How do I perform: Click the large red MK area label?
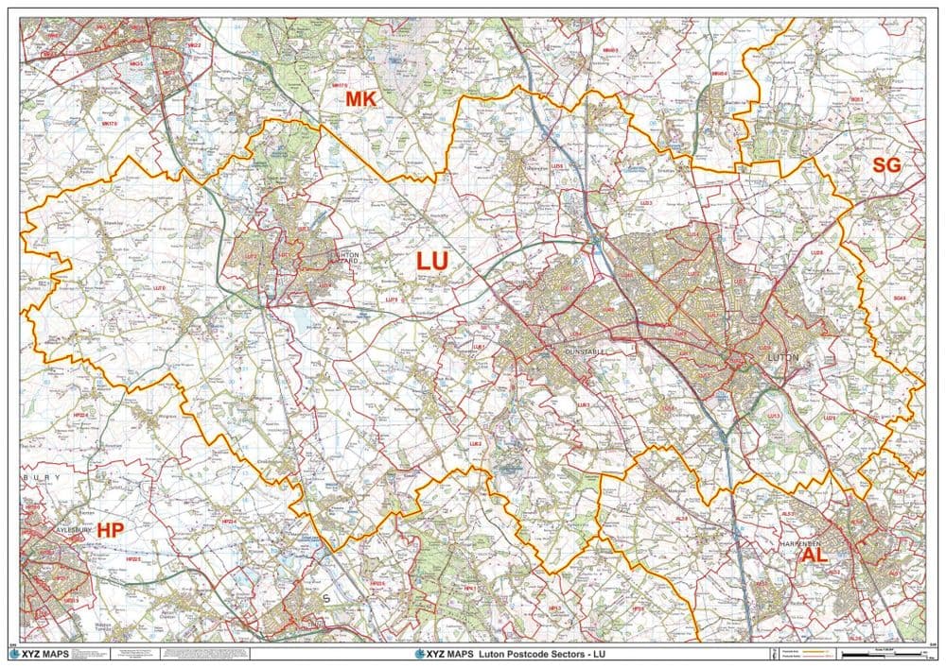point(360,98)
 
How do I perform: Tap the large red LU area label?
point(432,262)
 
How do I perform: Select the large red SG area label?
point(886,165)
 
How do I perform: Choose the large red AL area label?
point(815,556)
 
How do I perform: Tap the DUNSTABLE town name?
point(583,350)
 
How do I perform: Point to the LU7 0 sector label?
point(159,287)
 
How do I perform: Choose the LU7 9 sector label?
point(392,300)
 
